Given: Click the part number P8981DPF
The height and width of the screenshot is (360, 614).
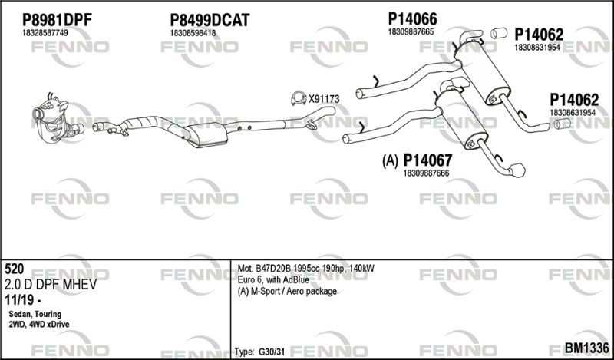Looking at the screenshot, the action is pyautogui.click(x=57, y=20).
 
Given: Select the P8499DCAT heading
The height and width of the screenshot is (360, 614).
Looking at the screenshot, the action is pyautogui.click(x=210, y=20).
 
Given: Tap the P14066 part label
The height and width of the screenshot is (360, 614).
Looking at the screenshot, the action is pyautogui.click(x=412, y=18).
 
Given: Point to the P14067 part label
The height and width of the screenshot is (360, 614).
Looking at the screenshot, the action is pyautogui.click(x=427, y=160).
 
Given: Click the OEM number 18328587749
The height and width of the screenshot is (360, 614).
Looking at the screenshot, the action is pyautogui.click(x=45, y=33).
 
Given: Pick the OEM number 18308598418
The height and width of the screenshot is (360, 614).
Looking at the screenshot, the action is pyautogui.click(x=193, y=33).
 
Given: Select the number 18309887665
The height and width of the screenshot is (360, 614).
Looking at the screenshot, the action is pyautogui.click(x=411, y=32).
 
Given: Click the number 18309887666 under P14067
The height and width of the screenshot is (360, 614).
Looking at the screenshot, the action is pyautogui.click(x=426, y=173).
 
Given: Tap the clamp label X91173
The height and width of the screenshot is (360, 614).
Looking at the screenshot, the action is pyautogui.click(x=324, y=99).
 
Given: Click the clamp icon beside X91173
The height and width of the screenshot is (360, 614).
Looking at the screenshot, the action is pyautogui.click(x=299, y=98).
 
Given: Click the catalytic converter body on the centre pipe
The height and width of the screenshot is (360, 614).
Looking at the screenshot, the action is pyautogui.click(x=206, y=135).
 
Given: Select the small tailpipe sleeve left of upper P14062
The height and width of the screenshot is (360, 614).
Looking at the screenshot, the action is pyautogui.click(x=500, y=33).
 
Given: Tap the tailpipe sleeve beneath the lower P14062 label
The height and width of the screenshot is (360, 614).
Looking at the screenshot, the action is pyautogui.click(x=563, y=124).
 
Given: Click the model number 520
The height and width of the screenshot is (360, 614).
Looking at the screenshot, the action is pyautogui.click(x=15, y=269).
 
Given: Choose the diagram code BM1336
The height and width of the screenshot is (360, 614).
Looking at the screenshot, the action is pyautogui.click(x=586, y=348).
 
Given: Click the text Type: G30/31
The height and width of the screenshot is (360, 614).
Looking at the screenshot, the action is pyautogui.click(x=259, y=352).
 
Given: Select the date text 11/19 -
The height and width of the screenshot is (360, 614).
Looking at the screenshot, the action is pyautogui.click(x=23, y=300).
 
